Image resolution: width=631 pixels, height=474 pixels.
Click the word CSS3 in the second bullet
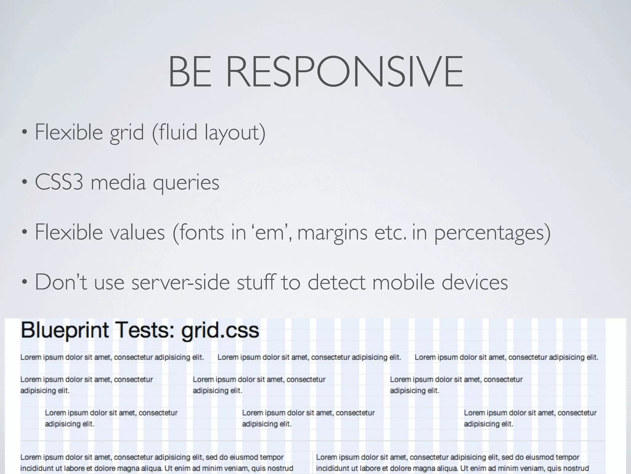click(x=59, y=182)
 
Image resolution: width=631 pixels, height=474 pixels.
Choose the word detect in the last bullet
click(x=336, y=282)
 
